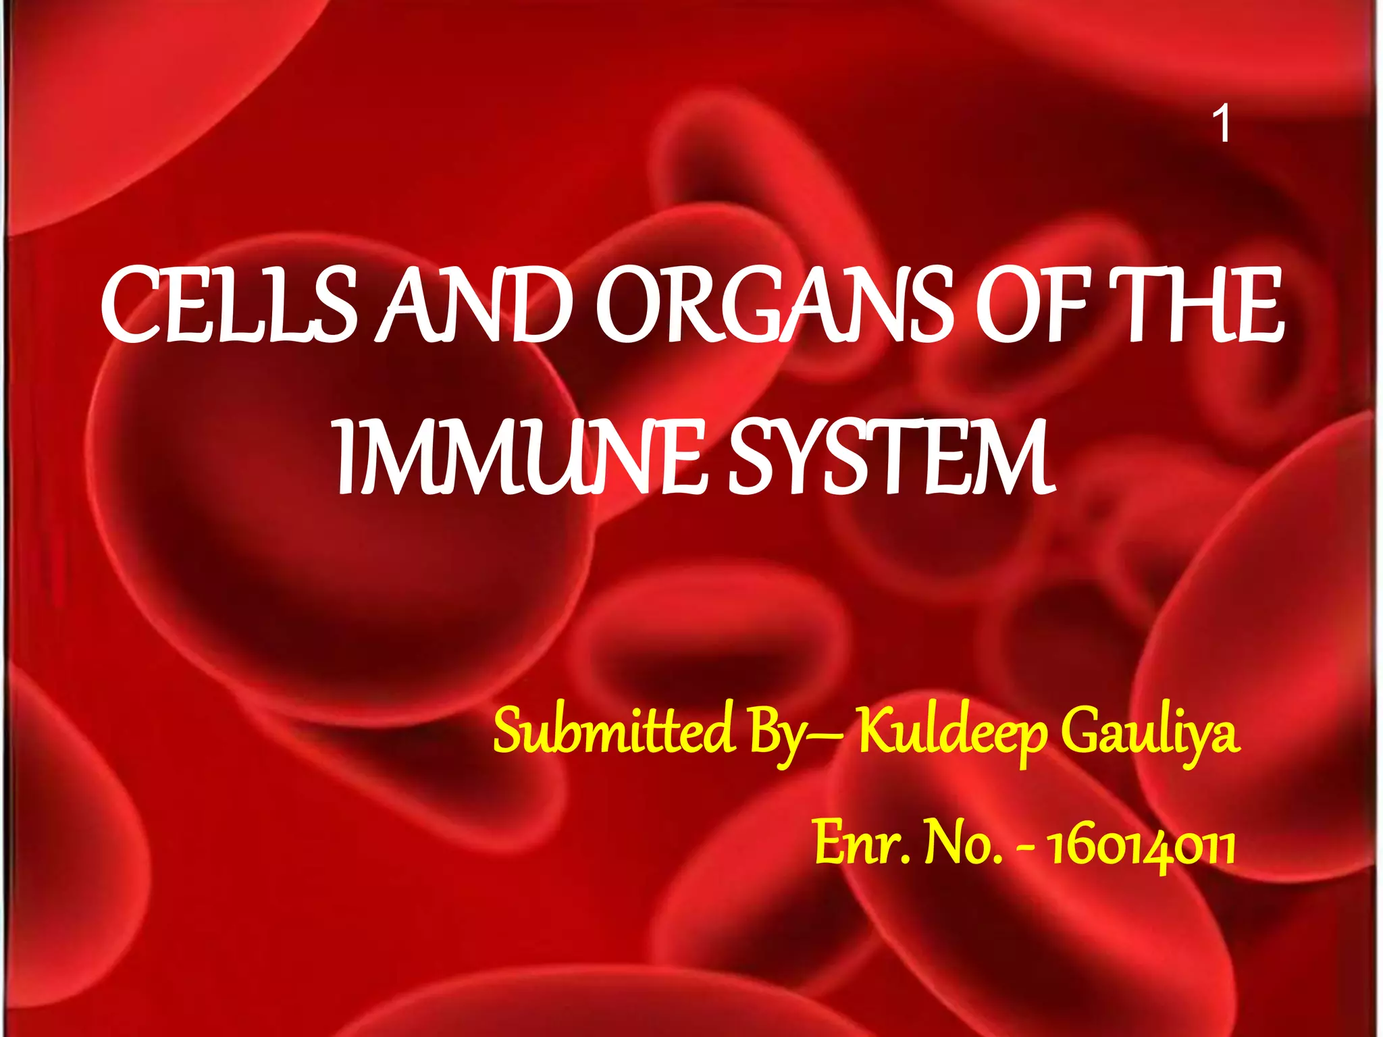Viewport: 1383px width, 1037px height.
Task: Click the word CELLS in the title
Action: [x=230, y=305]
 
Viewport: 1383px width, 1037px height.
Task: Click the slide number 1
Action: [x=1221, y=125]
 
